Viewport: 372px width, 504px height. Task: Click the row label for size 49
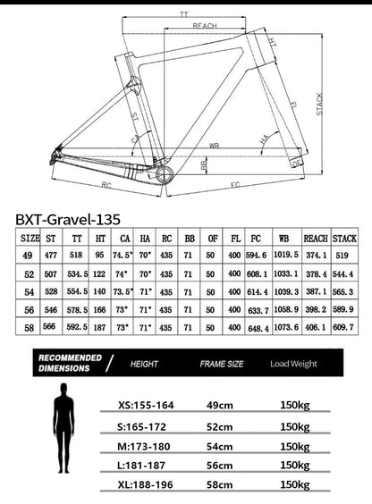click(30, 257)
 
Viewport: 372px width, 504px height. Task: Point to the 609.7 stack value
click(343, 328)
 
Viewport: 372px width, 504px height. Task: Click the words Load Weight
click(294, 365)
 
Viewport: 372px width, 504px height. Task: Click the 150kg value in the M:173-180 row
click(297, 444)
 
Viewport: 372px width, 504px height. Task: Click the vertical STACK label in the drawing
click(319, 105)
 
